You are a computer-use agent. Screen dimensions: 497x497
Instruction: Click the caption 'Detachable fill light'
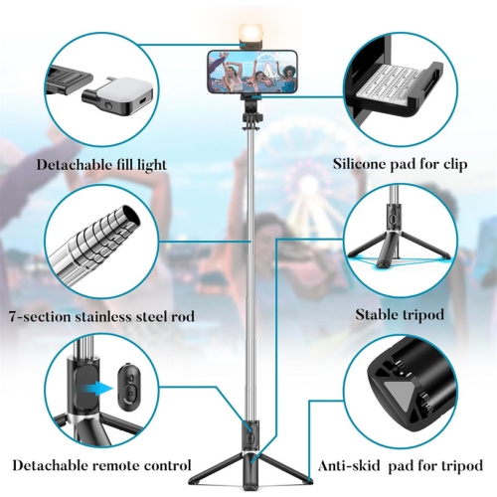tap(102, 164)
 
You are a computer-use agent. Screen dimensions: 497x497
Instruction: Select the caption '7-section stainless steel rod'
tap(100, 317)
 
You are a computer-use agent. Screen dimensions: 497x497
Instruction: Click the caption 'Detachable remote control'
tap(101, 464)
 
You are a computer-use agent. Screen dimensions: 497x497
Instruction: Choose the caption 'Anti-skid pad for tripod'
tap(401, 464)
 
